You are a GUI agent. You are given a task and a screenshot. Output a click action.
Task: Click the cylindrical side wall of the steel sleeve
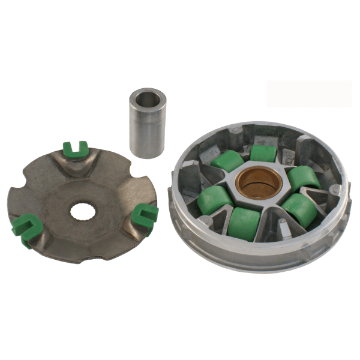coord(148,132)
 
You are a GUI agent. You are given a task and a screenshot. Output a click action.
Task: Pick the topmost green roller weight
coord(263,154)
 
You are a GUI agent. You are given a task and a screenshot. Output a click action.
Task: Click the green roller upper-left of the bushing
coord(227,161)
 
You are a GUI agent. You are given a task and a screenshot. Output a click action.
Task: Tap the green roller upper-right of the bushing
coord(304,178)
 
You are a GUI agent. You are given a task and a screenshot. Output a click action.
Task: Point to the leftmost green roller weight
coord(214,199)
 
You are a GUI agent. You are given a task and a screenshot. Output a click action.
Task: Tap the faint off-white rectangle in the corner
coord(309,94)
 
